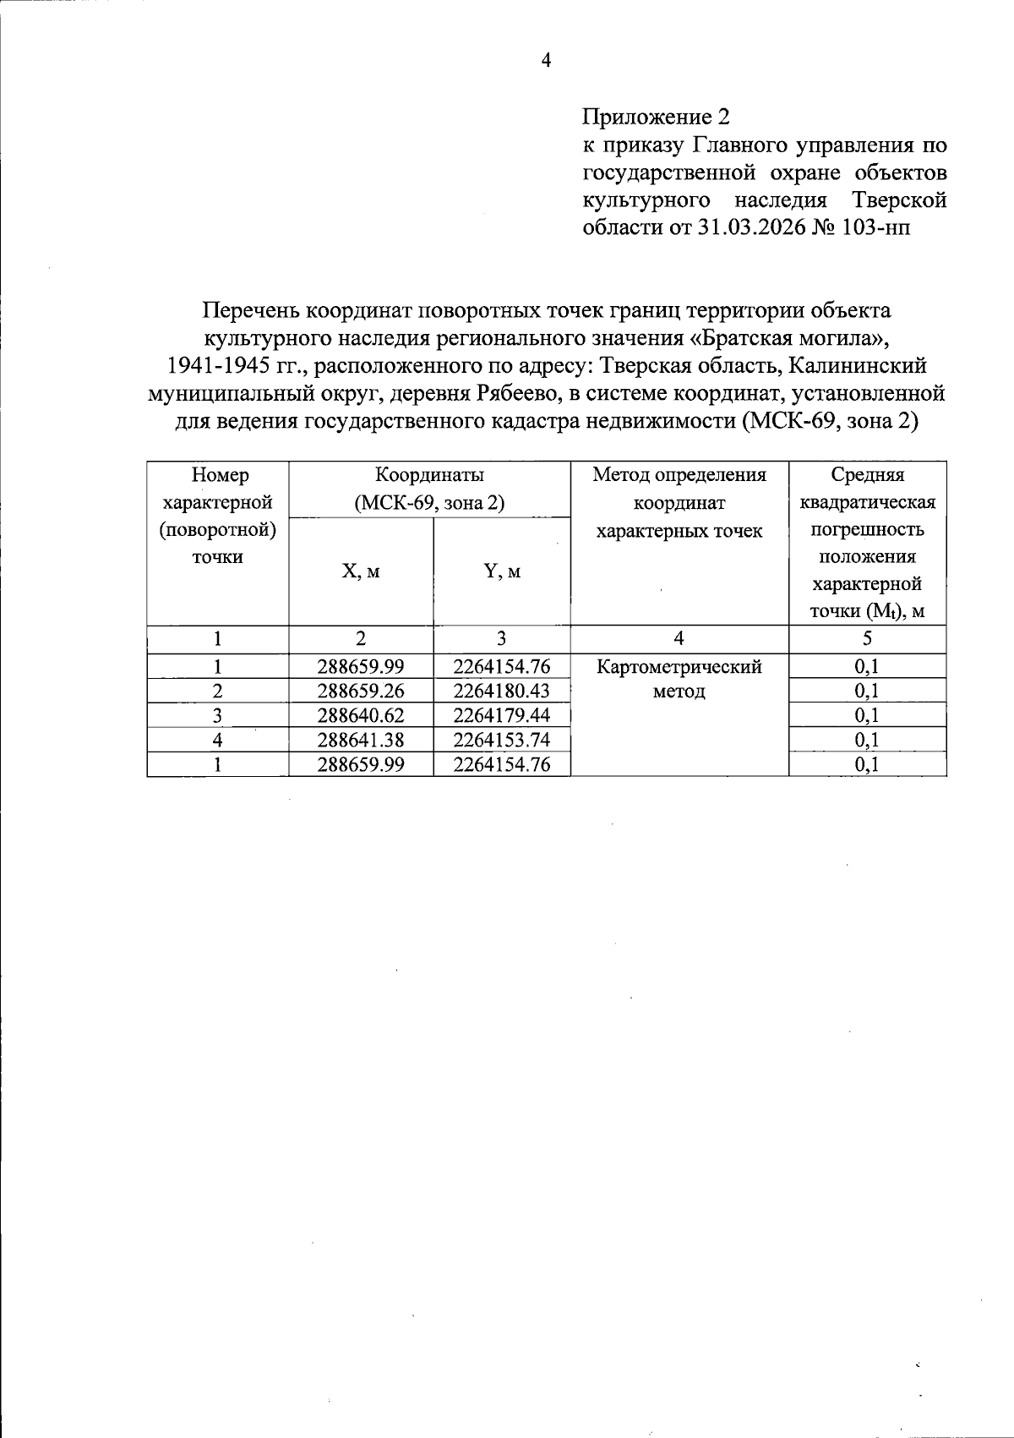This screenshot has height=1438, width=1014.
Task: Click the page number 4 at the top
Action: (546, 61)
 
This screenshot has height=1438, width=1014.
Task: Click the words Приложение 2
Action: (656, 117)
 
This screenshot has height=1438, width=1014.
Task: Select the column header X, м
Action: (361, 571)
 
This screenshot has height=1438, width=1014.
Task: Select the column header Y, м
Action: (502, 571)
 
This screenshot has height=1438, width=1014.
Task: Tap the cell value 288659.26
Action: (361, 691)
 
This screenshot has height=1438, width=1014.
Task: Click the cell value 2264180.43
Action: (502, 691)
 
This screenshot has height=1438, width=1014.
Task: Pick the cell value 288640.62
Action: (361, 715)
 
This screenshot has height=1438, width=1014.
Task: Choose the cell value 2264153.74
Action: (502, 740)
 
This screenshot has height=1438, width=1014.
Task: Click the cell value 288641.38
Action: (361, 740)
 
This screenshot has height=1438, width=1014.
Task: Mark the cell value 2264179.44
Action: (502, 715)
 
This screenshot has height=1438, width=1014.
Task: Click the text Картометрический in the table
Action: (679, 667)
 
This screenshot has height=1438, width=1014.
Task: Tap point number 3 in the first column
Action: (218, 715)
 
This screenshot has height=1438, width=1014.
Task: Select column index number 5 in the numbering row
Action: (867, 639)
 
